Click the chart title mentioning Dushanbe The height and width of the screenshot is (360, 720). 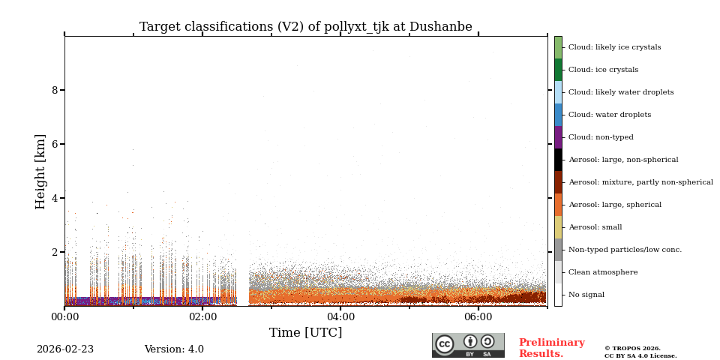pos(305,27)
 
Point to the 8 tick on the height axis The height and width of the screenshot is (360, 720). pos(54,90)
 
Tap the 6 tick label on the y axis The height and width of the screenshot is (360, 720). pos(54,144)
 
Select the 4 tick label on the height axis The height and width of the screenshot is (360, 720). pos(54,198)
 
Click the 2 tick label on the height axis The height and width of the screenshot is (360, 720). pos(54,252)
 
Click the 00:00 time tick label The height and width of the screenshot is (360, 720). pos(64,317)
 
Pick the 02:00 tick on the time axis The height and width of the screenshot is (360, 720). pos(202,317)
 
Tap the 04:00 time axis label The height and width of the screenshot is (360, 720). pos(340,317)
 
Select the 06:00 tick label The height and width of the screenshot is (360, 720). pos(478,317)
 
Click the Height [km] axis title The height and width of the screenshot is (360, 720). pos(40,171)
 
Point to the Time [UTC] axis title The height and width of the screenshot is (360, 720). pos(305,333)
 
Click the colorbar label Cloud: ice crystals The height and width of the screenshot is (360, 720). pos(603,70)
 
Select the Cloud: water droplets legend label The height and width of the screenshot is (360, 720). pos(609,115)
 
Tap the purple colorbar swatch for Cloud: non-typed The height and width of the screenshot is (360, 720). pos(558,137)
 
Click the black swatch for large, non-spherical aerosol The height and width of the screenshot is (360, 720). pos(558,160)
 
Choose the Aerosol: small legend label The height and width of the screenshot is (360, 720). pos(595,227)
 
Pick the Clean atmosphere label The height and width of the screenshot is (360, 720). pos(602,272)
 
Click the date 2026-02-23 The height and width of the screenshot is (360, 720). pos(65,349)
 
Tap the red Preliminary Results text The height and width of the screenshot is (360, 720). pos(551,348)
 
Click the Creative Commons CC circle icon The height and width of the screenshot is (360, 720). pos(445,344)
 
